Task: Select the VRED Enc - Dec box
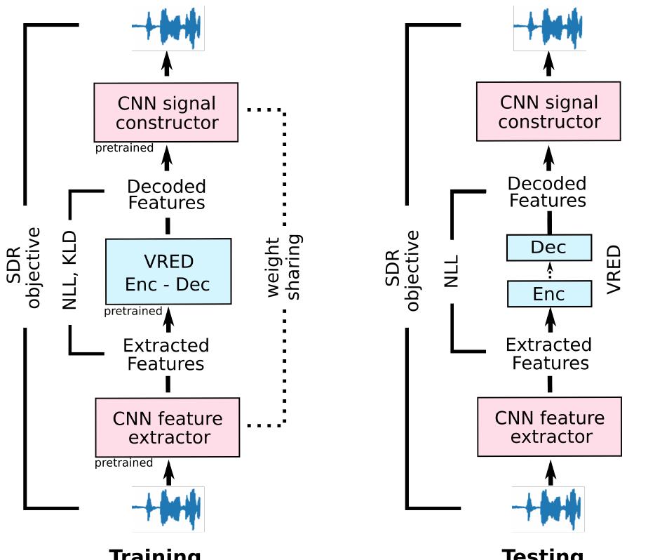tap(168, 272)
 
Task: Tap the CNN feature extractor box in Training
tap(168, 428)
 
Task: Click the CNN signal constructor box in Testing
tap(548, 112)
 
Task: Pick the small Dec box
tap(548, 248)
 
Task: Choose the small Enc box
tap(548, 294)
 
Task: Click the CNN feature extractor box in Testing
tap(549, 427)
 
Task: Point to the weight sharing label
tap(284, 267)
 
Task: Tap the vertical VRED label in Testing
tap(614, 269)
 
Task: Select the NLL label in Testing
tap(452, 270)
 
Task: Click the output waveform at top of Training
tap(168, 29)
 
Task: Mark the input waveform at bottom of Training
tap(168, 509)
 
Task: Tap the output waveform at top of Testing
tap(549, 29)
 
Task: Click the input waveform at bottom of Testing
tap(548, 509)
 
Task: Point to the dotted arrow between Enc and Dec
tap(549, 271)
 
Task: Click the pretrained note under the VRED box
tap(133, 311)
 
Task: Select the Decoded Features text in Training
tap(166, 194)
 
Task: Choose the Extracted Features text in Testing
tap(549, 354)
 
